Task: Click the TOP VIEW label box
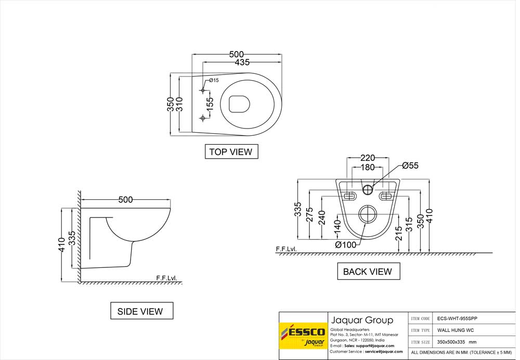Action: (230, 152)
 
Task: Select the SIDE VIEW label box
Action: (140, 311)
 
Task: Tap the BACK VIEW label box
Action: (368, 271)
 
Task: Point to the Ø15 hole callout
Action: (213, 80)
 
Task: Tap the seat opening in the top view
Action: (239, 104)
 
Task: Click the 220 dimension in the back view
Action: (368, 158)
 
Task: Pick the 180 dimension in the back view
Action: (368, 168)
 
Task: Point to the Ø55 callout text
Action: (410, 165)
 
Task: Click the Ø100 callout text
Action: (346, 245)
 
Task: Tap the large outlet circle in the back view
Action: (368, 214)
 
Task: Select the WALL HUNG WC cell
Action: (456, 330)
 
